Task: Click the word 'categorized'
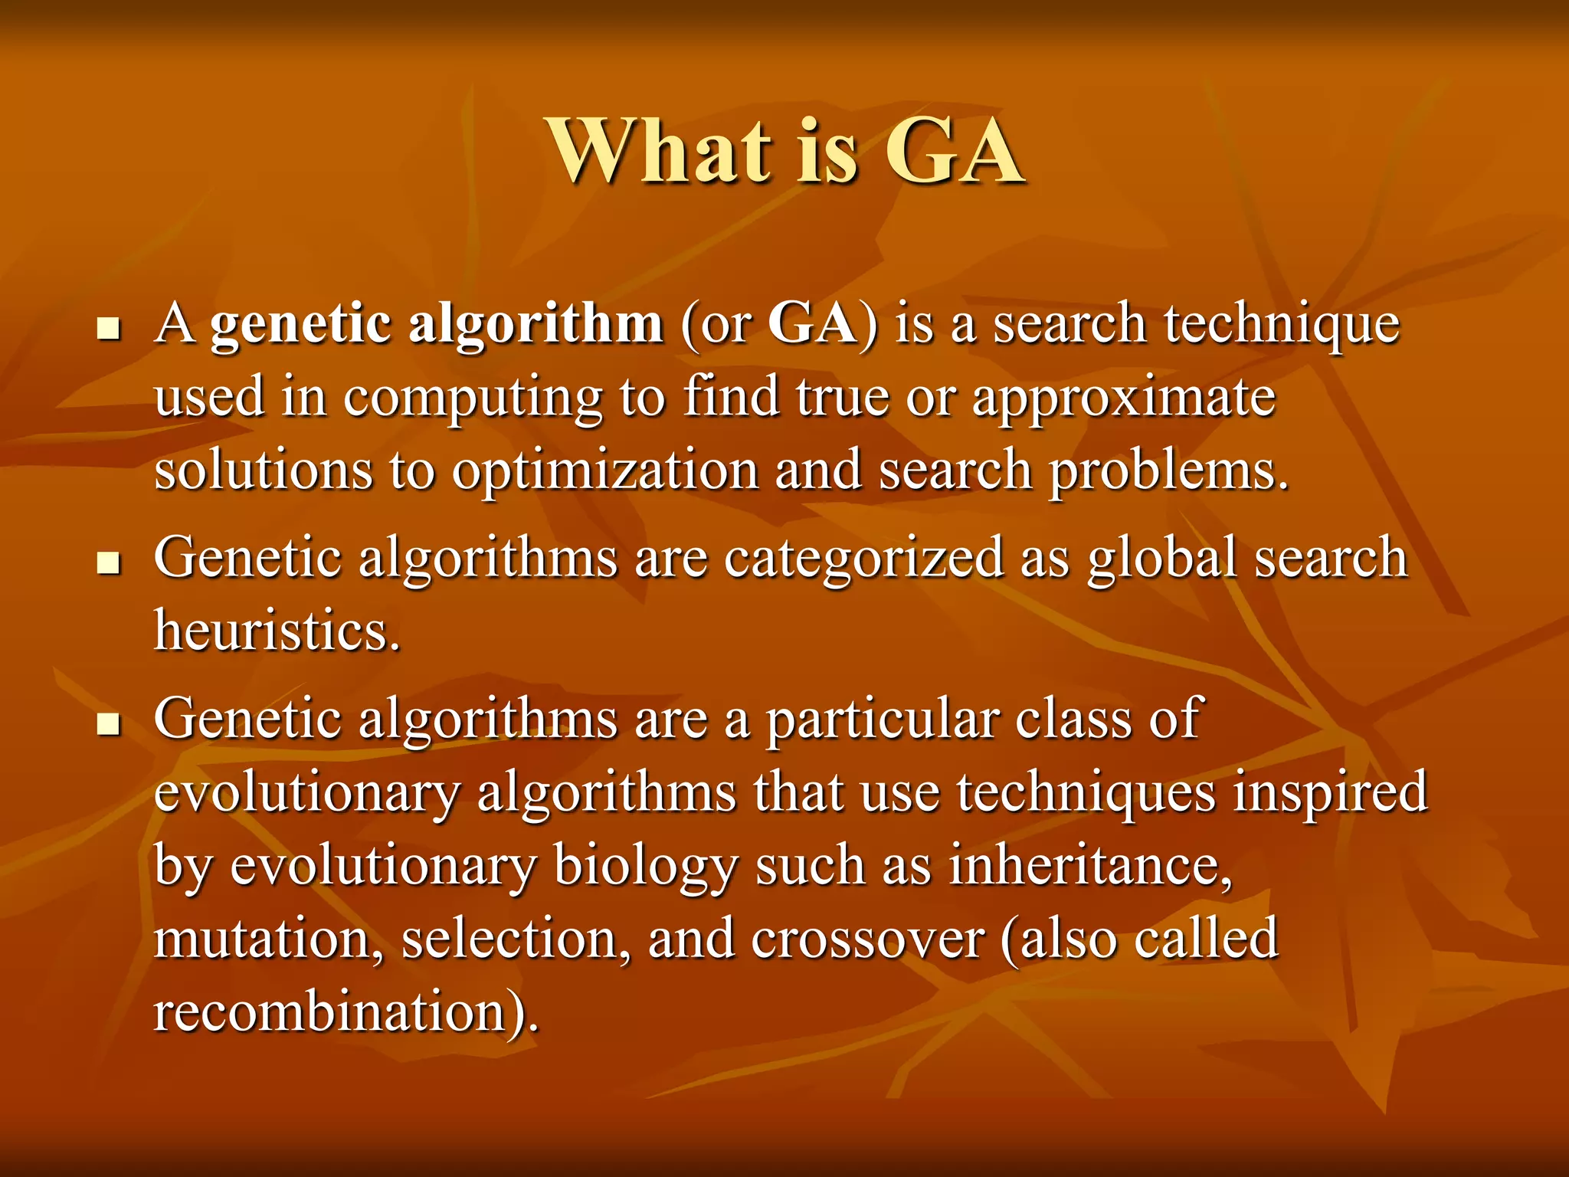point(863,559)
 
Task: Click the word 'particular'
point(882,720)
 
